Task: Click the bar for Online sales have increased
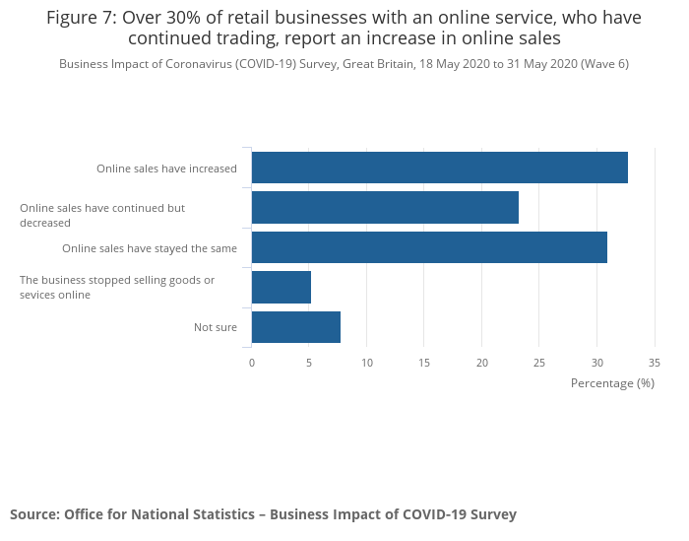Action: pos(439,168)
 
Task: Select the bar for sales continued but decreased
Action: pos(385,208)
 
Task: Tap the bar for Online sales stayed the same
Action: pos(429,247)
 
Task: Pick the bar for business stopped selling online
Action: pos(282,287)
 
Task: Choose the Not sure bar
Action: pos(296,327)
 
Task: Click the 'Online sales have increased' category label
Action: pos(166,169)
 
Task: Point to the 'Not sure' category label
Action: pos(216,327)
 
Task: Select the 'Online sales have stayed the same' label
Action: pos(150,248)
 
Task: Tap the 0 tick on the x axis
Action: pos(252,363)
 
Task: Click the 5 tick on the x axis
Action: pos(309,363)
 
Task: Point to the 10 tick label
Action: pos(367,363)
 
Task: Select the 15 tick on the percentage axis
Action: pos(424,363)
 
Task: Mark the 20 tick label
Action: pos(482,363)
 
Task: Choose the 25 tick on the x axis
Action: pos(539,363)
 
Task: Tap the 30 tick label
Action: pos(597,363)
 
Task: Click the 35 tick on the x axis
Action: pos(655,363)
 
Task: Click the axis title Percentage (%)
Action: pos(612,382)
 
